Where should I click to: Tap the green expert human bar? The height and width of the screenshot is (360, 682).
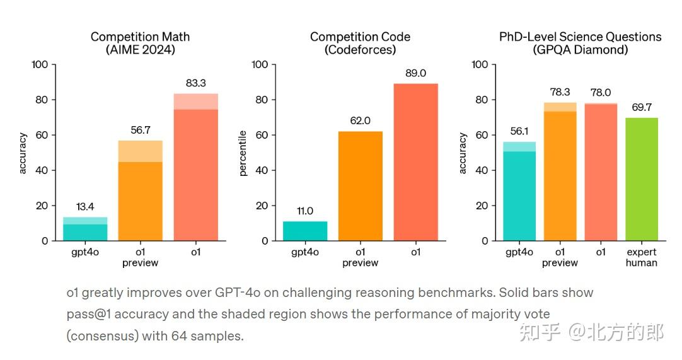coord(642,179)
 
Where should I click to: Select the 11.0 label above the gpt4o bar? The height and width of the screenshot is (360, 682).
coord(305,211)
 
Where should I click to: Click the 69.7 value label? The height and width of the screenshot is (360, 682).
coord(642,108)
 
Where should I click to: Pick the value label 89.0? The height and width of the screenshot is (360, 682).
coord(415,74)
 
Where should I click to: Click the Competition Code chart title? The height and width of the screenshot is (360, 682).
coord(360,37)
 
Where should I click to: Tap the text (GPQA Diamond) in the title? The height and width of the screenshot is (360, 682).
coord(580,50)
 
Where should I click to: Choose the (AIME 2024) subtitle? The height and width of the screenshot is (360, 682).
coord(140,50)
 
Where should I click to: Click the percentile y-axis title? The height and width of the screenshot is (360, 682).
coord(243,153)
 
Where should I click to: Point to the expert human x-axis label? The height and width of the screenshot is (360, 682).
coord(642,257)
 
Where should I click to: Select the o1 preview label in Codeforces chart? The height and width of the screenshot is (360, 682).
coord(361,257)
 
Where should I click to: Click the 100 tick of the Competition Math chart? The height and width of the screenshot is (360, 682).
coord(39,65)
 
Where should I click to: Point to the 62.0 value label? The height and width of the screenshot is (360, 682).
coord(361,121)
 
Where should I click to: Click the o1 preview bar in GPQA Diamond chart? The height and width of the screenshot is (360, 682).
coord(560,173)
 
